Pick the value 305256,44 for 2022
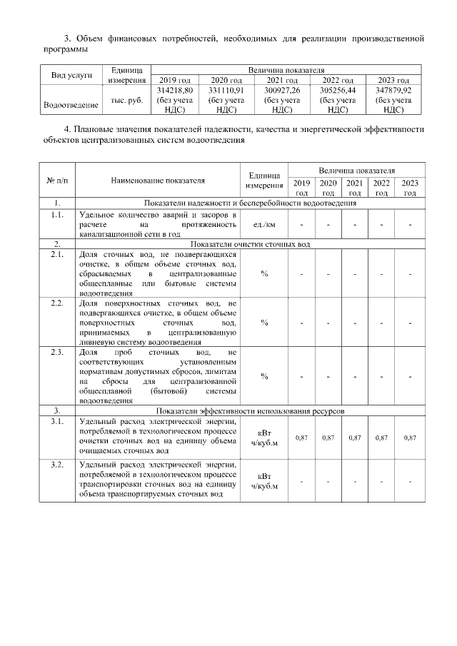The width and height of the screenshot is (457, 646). point(338,91)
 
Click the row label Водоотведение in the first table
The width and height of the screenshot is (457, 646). point(71,105)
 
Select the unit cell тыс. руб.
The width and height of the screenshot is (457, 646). point(127,101)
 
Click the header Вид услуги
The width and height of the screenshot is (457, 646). point(71,75)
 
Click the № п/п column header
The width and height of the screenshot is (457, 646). point(56,181)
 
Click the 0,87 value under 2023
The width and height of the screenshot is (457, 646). point(409,437)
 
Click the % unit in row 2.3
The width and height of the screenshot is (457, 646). point(264,376)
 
